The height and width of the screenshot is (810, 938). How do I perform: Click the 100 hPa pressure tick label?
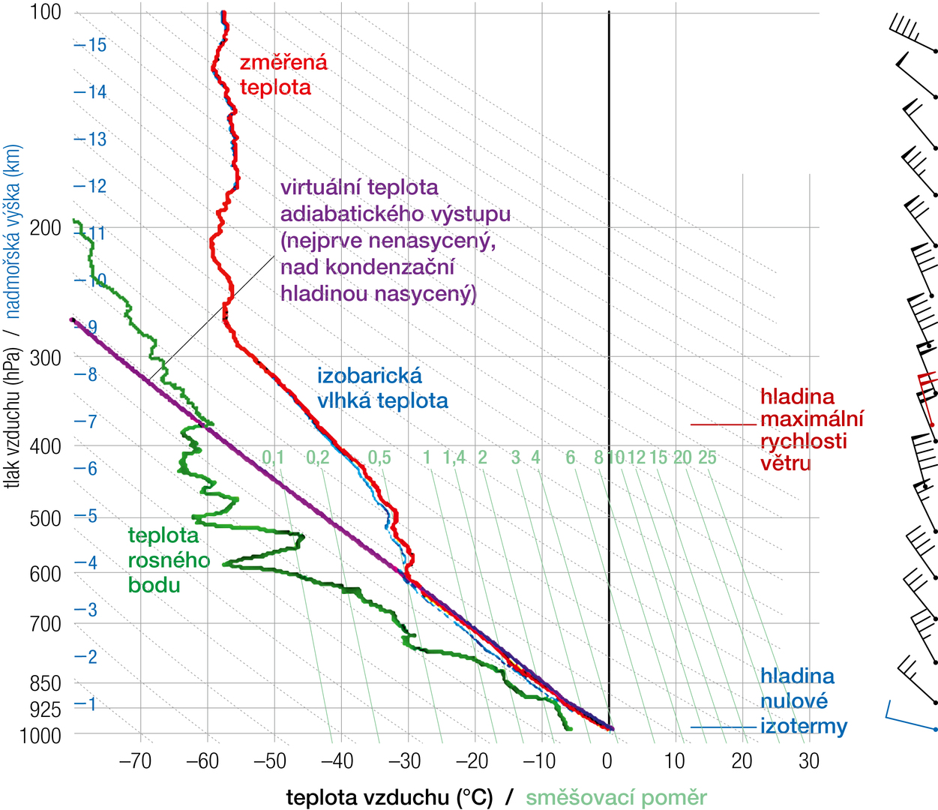coord(45,12)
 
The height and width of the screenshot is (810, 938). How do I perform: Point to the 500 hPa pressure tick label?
coord(45,518)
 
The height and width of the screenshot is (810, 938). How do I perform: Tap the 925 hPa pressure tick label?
coord(45,709)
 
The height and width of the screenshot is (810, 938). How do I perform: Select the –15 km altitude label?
coord(91,45)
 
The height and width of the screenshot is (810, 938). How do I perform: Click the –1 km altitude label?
coord(86,704)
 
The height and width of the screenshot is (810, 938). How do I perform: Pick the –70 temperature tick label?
coord(135,761)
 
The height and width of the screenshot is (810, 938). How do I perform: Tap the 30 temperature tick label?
coord(809,761)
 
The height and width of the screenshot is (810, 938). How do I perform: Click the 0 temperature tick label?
coord(607,761)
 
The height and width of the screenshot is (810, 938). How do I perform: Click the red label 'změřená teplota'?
coord(283,74)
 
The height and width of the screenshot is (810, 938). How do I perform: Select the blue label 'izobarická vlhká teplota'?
coord(382,388)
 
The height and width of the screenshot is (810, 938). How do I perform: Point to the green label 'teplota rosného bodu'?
coord(169,559)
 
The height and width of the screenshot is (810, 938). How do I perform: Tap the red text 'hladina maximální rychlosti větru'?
coord(811,430)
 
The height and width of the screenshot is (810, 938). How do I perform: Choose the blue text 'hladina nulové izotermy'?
coord(803,701)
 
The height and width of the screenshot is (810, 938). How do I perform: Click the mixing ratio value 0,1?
coord(274,457)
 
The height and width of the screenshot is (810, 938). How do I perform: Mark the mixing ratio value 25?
coord(707,457)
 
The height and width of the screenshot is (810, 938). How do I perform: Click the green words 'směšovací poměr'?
coord(616,797)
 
